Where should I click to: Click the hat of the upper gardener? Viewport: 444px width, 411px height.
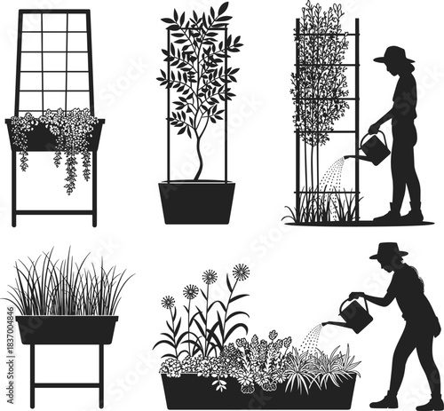point(394,56)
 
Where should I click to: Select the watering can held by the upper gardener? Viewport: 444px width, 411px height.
point(375,149)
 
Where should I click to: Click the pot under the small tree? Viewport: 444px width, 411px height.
point(197,202)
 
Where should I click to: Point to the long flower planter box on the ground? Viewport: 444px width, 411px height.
point(258,391)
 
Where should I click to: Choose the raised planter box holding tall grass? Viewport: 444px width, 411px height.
point(67,329)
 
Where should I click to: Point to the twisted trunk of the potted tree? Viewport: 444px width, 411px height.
point(198,160)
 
